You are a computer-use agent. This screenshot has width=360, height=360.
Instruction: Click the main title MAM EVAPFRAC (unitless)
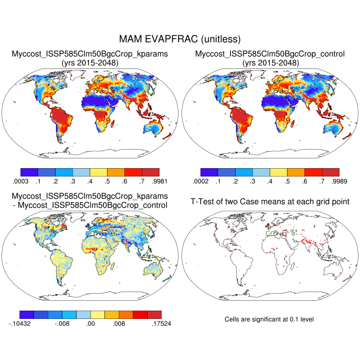click(179, 39)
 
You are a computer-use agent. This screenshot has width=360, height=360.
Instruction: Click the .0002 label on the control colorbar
click(202, 182)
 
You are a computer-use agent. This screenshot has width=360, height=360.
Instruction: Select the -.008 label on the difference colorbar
click(63, 325)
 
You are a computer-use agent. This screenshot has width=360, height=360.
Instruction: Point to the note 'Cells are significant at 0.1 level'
click(269, 319)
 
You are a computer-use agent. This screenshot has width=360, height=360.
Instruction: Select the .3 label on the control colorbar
click(253, 182)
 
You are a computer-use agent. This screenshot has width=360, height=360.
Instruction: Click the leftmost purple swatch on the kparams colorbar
click(29, 172)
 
